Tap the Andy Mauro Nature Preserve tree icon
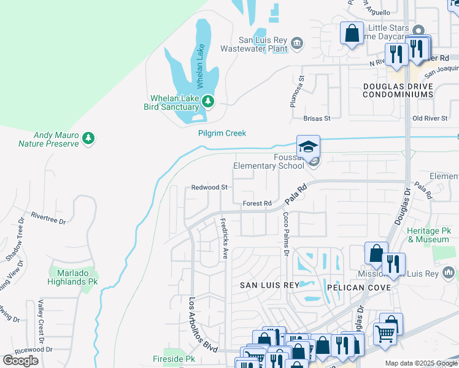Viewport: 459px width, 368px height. pos(90,138)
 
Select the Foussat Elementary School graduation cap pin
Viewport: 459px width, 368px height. pos(308,147)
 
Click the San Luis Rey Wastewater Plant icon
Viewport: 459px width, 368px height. pos(297,43)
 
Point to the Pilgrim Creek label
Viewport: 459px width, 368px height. pos(222,133)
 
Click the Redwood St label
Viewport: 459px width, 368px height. pos(209,187)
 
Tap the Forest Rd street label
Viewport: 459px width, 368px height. pos(256,204)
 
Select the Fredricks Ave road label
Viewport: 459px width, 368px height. pos(225,238)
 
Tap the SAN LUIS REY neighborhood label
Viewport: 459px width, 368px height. pos(269,285)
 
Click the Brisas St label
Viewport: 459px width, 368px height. pos(317,118)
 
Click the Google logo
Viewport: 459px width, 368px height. pos(21,361)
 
